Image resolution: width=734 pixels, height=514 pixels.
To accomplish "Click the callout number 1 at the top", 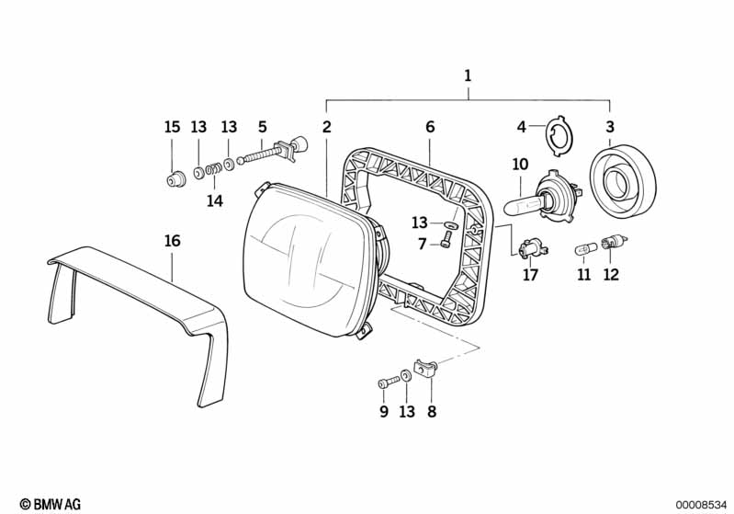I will pyautogui.click(x=468, y=76).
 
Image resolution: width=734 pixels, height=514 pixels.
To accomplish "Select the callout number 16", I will pyautogui.click(x=172, y=241).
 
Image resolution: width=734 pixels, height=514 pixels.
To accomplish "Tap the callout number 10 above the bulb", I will pyautogui.click(x=520, y=165).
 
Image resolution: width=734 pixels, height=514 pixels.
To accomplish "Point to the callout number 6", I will pyautogui.click(x=429, y=127).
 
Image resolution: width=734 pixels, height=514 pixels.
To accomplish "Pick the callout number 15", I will pyautogui.click(x=172, y=127).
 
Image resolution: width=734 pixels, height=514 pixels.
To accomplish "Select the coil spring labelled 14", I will pyautogui.click(x=213, y=168).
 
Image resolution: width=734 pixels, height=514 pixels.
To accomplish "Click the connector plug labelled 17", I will pyautogui.click(x=531, y=248).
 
